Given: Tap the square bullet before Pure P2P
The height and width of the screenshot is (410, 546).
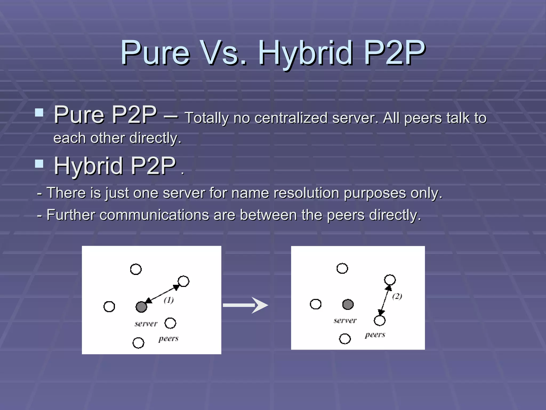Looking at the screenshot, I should pos(39,112).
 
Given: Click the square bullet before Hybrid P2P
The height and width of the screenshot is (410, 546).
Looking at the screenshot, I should pos(39,164).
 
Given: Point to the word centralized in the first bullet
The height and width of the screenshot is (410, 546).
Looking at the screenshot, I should pos(291,118).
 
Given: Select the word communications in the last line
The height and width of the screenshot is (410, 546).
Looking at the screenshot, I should pos(154,215).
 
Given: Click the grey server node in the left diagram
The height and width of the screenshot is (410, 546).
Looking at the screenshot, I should pos(141,307).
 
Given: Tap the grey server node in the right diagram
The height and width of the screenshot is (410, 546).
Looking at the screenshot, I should pos(348,304).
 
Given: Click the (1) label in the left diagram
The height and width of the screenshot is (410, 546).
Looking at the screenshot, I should pos(169,300).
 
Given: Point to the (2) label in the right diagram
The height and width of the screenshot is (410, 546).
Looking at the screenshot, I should pos(397,296).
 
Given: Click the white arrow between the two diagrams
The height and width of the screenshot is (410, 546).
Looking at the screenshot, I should pos(245,305).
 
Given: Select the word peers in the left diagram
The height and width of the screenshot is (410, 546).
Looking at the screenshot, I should pos(168,338).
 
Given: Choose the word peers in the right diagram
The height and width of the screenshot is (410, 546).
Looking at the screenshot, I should pos(375,335).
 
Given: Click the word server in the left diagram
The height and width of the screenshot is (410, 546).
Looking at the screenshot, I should pos(146,324).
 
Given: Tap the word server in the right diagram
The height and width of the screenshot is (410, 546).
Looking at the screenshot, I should pos(345,321).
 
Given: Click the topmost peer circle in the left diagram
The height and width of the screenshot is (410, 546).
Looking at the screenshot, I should pos(136,269).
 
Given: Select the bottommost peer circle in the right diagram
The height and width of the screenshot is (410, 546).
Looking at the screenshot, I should pos(345,339).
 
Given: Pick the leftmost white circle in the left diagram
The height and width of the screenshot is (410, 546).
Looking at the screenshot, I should pos(109,306).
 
